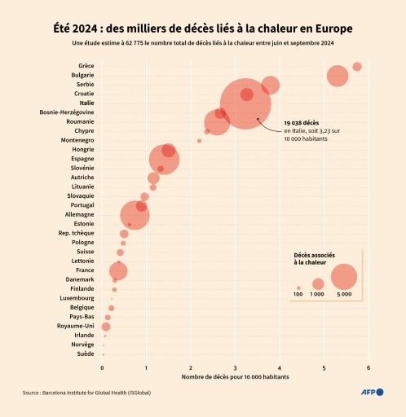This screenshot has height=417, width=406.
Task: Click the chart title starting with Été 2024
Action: [203, 29]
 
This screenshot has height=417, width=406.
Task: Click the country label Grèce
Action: [86, 66]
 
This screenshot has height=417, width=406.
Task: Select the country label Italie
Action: [86, 103]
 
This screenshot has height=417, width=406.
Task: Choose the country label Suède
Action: [85, 354]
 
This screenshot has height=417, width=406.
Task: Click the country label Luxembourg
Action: [77, 298]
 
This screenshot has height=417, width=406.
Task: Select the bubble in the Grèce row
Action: [356, 66]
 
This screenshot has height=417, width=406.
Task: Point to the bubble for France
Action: [118, 270]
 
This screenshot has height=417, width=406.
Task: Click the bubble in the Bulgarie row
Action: [337, 76]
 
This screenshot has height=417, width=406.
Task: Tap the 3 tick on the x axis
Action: [236, 368]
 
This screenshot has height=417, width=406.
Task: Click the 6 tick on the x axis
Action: [368, 368]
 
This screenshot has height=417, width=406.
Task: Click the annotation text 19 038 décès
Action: [300, 123]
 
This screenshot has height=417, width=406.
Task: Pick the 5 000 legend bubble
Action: [344, 277]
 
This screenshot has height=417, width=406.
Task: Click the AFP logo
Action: [373, 393]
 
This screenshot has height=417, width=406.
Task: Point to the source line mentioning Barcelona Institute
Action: [86, 393]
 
